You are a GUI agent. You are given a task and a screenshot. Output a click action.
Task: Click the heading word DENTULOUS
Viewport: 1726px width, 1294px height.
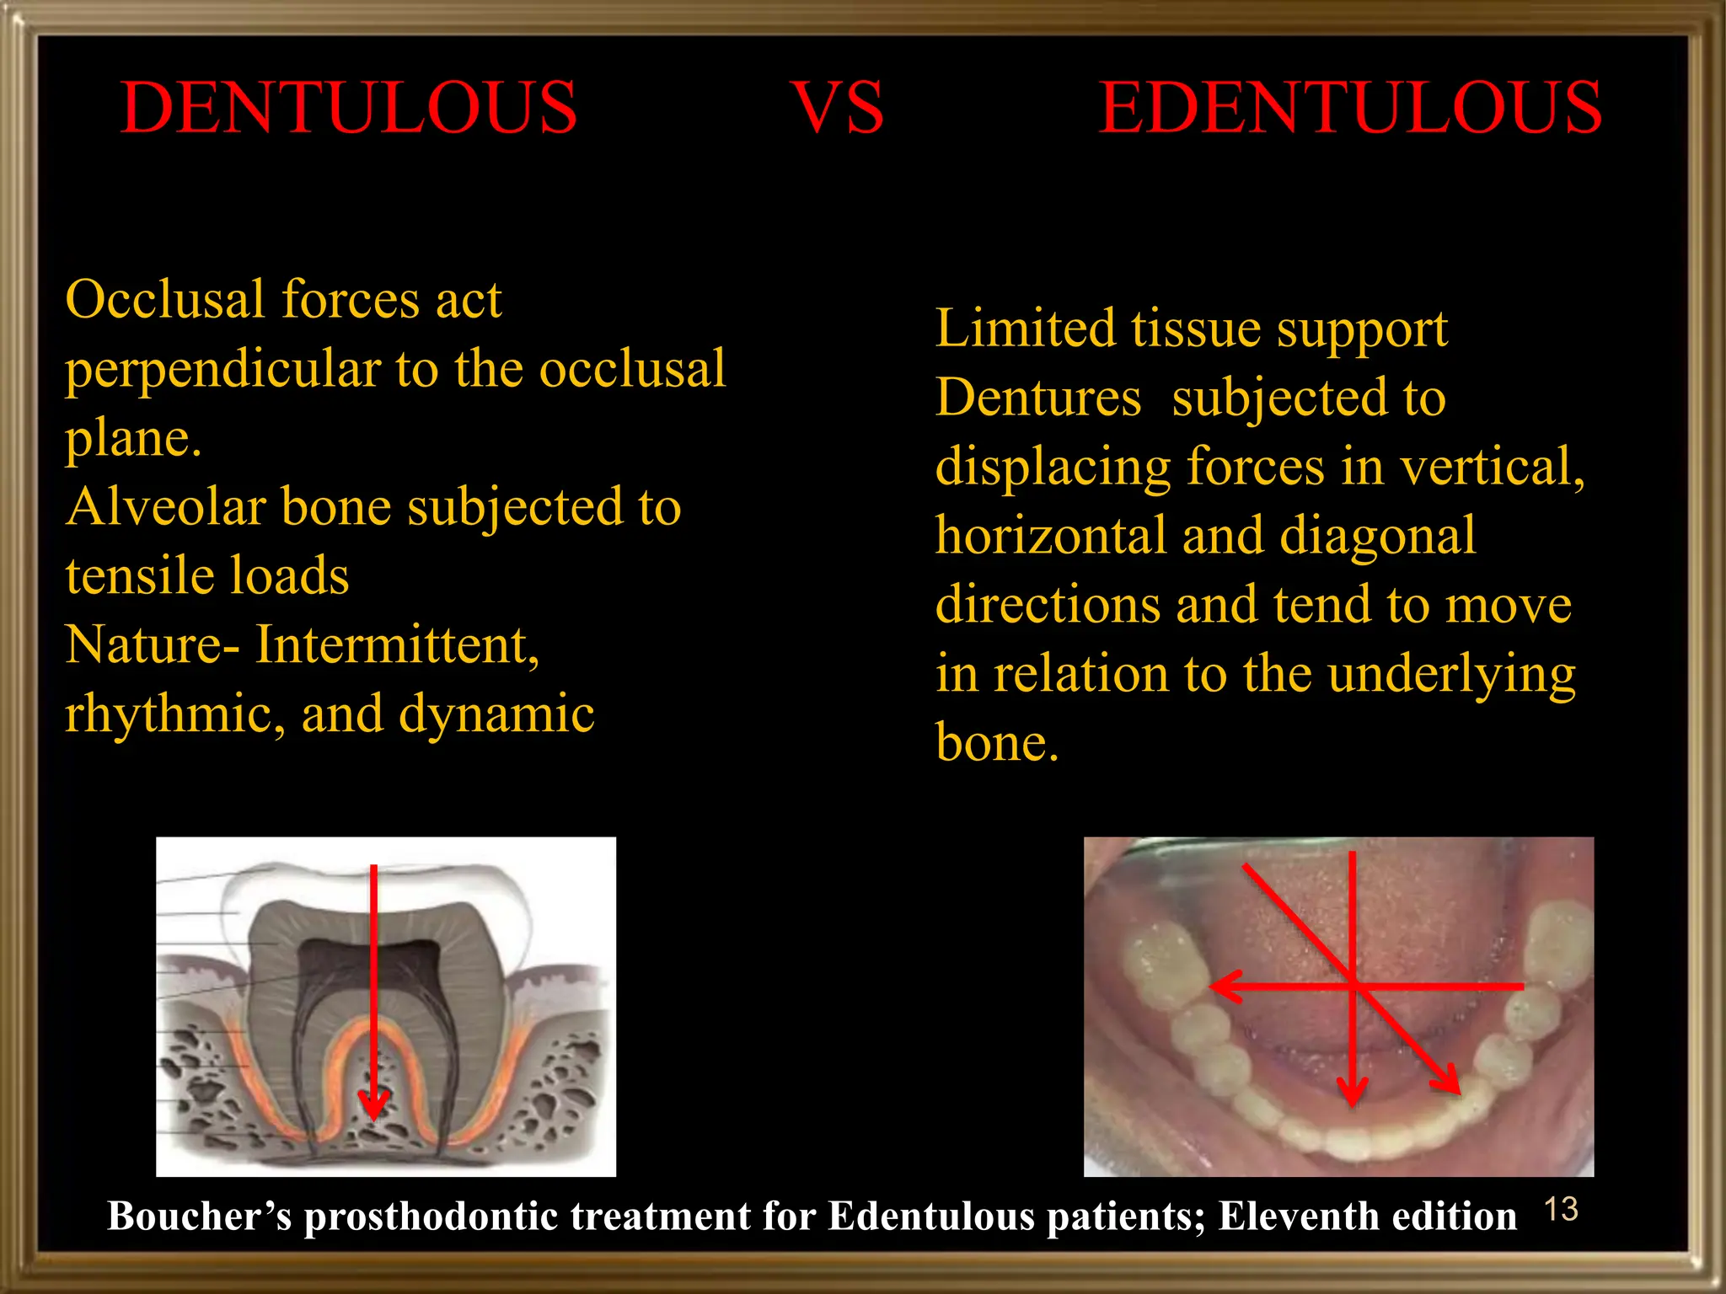click(349, 108)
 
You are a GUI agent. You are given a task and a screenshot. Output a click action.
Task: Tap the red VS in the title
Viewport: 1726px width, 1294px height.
click(838, 108)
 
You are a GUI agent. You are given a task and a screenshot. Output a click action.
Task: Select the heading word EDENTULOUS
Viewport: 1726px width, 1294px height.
click(1350, 108)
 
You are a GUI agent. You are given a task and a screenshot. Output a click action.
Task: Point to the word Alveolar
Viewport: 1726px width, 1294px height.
click(165, 506)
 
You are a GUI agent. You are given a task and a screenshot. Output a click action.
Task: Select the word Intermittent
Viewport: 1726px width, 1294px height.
click(397, 644)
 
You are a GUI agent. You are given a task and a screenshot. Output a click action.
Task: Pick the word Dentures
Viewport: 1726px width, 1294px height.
click(1038, 397)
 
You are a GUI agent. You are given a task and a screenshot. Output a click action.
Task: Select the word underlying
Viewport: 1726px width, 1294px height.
click(1451, 674)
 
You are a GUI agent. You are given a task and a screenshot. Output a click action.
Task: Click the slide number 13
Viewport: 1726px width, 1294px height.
click(1560, 1210)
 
